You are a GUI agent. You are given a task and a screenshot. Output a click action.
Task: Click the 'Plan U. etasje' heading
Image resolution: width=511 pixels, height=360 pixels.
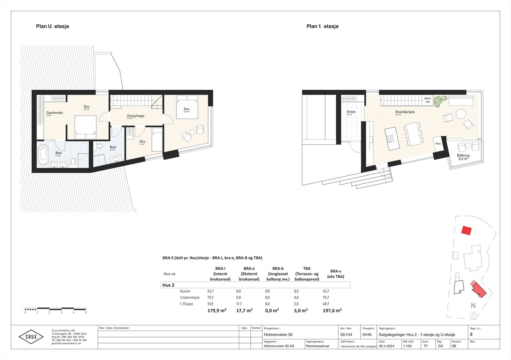(52, 26)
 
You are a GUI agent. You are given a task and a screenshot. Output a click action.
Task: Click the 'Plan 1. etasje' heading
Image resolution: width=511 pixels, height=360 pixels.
(322, 26)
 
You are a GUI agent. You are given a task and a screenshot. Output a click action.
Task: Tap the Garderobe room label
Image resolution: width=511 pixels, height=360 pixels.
(54, 113)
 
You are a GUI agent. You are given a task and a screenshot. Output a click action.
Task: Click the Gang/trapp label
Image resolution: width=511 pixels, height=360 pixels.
(135, 116)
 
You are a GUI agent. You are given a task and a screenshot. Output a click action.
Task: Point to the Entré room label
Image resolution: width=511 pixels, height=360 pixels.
(351, 112)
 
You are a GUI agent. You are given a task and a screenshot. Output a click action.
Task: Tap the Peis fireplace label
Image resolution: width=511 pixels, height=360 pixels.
(438, 144)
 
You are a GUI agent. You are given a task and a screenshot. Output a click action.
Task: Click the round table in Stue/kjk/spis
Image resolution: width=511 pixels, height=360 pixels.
(460, 114)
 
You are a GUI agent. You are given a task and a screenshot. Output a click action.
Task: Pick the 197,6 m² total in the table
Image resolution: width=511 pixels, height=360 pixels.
(332, 310)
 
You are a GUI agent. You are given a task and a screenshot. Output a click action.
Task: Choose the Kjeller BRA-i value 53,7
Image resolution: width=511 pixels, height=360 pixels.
(210, 291)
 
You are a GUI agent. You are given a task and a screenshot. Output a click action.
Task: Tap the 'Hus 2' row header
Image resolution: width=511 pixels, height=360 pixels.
(168, 285)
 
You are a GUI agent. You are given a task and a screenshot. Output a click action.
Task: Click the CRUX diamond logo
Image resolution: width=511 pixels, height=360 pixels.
(31, 337)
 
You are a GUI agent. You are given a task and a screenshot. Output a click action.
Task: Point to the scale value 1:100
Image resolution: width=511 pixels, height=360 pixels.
(407, 346)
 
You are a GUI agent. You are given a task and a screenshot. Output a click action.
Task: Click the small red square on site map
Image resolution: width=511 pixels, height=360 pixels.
(467, 230)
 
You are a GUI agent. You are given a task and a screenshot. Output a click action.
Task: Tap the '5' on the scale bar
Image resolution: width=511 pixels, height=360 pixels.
(86, 313)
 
